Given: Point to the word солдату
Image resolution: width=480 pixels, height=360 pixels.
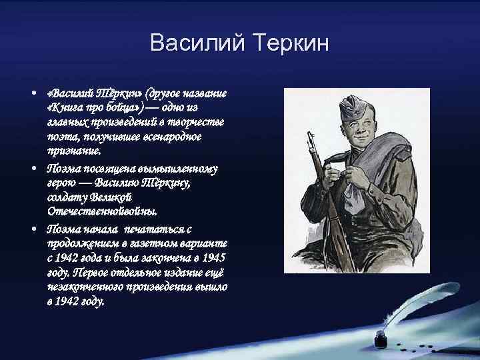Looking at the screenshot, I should coord(68,197).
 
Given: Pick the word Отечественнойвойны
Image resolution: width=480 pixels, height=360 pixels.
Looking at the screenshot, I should coord(103,211).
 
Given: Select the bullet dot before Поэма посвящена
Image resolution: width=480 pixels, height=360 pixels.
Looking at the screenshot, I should coord(33,167).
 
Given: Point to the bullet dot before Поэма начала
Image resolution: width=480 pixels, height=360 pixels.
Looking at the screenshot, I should coord(33,227).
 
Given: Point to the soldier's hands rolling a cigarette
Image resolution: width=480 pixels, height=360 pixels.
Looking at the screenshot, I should coord(347,177).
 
